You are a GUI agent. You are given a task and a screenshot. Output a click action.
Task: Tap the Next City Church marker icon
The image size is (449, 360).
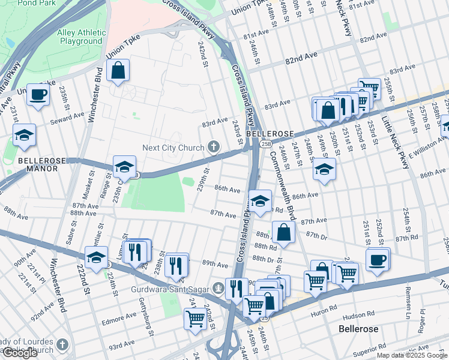(213, 147)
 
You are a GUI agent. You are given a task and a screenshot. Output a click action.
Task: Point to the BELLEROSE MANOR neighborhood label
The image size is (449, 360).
(38, 164)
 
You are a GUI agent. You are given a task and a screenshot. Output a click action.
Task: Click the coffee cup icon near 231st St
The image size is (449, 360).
(38, 95)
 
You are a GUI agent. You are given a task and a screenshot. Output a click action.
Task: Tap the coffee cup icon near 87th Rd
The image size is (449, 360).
(378, 260)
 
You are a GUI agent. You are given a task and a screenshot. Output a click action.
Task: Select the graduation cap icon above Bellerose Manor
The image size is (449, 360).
(24, 136)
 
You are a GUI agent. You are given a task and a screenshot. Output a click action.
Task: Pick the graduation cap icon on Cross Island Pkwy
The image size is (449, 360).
(260, 202)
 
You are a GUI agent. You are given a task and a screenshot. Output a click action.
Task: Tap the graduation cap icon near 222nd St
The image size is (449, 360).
(96, 257)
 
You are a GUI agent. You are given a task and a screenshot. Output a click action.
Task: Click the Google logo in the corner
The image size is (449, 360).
(20, 353)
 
